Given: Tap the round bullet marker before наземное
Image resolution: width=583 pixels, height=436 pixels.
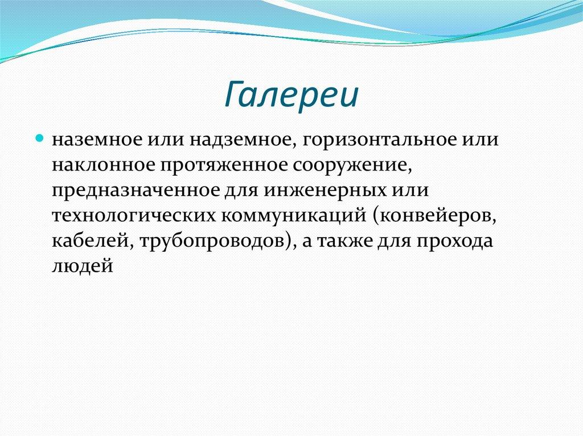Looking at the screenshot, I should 40,138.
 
